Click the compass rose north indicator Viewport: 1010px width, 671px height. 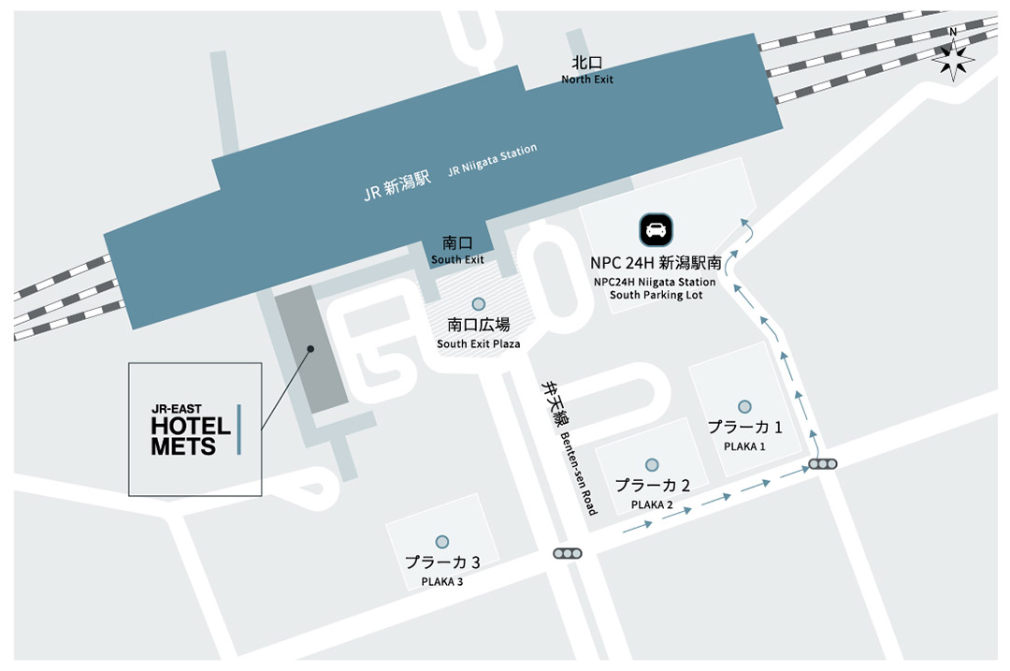pyautogui.click(x=953, y=58)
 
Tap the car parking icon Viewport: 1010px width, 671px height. pyautogui.click(x=656, y=229)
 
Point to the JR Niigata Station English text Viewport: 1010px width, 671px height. pyautogui.click(x=493, y=160)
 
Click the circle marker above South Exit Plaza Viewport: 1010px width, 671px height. pyautogui.click(x=479, y=304)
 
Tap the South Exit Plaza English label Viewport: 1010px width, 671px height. pyautogui.click(x=479, y=343)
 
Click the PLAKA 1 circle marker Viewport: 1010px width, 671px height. pyautogui.click(x=744, y=406)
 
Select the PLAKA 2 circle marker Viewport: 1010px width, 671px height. pyautogui.click(x=652, y=464)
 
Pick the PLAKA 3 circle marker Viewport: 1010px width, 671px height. pyautogui.click(x=442, y=542)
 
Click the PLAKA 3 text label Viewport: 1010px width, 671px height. pyautogui.click(x=442, y=581)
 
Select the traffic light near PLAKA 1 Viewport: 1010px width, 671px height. pyautogui.click(x=824, y=464)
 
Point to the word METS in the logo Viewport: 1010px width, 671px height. pyautogui.click(x=183, y=447)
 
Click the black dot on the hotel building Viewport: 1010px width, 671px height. pyautogui.click(x=310, y=348)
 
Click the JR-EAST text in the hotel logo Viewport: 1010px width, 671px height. pyautogui.click(x=177, y=408)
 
